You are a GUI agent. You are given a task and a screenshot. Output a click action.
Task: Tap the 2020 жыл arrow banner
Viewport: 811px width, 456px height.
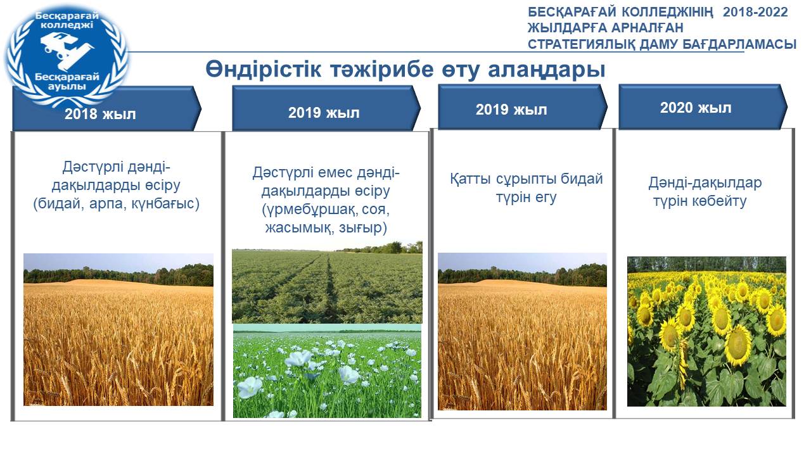point(703,107)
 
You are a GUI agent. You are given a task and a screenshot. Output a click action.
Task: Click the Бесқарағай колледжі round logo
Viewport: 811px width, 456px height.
point(67,55)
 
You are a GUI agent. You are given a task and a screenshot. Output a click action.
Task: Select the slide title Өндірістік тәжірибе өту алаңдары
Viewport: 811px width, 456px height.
point(405,69)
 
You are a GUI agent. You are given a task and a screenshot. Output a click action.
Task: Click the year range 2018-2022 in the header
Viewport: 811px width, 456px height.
point(755,12)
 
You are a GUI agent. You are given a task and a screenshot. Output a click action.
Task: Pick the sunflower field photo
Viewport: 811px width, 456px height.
point(706,331)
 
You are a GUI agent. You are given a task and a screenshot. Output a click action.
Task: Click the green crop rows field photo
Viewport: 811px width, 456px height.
point(327,282)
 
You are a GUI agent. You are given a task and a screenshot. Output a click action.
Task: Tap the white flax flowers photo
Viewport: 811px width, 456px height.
point(327,371)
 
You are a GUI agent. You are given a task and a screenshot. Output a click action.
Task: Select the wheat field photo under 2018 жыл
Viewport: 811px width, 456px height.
point(118,329)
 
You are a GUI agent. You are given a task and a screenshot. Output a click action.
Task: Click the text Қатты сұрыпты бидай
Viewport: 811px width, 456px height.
point(527,179)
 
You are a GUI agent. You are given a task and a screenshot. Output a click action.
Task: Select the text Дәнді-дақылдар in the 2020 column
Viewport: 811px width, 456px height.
point(705,183)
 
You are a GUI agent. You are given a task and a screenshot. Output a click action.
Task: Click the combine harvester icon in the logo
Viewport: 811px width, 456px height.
point(67,49)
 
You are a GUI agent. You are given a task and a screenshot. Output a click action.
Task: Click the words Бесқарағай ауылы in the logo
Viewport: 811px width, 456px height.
point(67,82)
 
